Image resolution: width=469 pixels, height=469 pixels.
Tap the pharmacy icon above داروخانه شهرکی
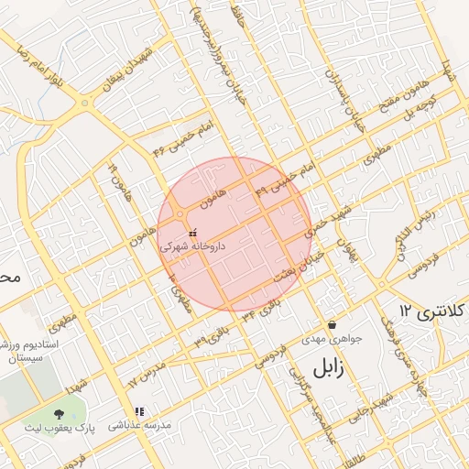191,234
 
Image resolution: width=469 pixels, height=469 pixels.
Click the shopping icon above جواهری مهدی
331,325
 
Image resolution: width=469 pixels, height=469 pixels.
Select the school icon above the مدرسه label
139,412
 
